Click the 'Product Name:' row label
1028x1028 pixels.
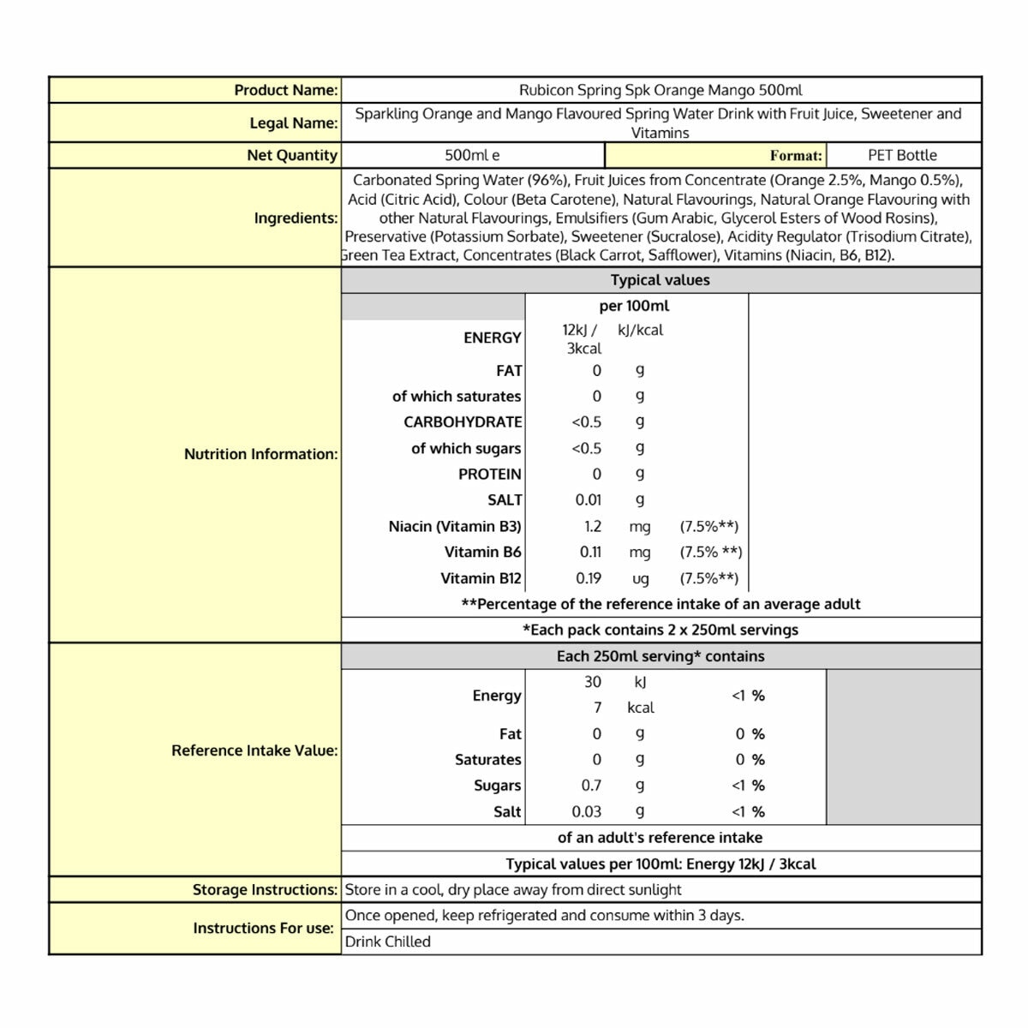[x=286, y=90]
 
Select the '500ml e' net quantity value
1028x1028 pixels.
[x=472, y=155]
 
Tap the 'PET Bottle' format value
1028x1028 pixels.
[x=902, y=155]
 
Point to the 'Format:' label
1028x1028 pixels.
[x=796, y=156]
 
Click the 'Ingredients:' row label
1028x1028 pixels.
[x=296, y=218]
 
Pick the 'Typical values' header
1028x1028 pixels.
[x=660, y=280]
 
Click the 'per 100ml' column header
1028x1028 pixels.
[x=634, y=306]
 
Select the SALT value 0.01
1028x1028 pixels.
[x=589, y=499]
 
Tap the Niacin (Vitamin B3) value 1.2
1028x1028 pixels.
[x=593, y=526]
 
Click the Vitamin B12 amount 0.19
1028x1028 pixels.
[x=589, y=578]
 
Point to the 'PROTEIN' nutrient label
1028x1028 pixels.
[x=489, y=474]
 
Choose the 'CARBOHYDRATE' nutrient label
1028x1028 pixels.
[x=463, y=421]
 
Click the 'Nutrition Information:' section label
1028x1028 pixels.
[x=260, y=454]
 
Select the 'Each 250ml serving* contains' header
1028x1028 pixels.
[x=660, y=656]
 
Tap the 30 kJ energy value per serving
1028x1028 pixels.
[x=593, y=682]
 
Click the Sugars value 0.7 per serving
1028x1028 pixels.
[x=591, y=786]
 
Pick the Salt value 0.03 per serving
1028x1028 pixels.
[x=587, y=811]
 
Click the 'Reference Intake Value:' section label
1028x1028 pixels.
[x=254, y=750]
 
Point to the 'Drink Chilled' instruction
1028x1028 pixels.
[x=387, y=941]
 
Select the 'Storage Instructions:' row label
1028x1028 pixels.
[x=265, y=889]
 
